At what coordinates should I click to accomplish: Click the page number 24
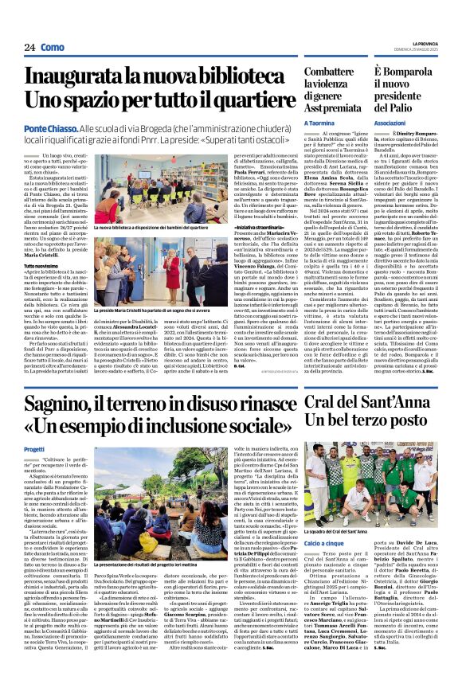28,47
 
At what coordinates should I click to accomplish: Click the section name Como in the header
53,47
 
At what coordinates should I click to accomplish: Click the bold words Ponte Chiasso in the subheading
52,127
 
